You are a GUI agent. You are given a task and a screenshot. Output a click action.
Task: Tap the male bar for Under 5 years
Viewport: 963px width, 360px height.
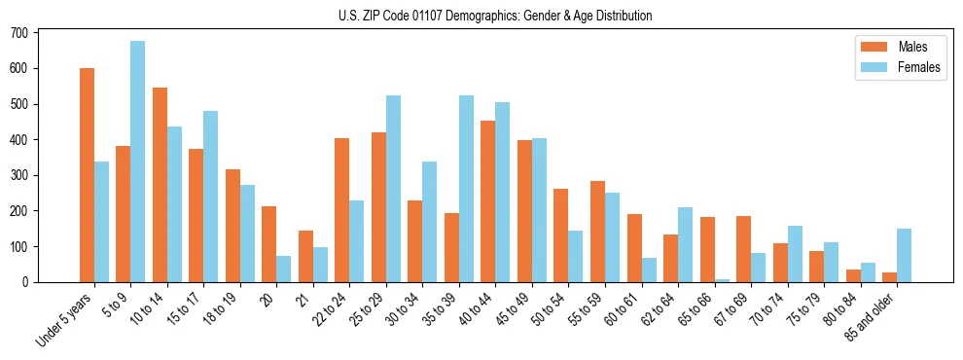pos(88,175)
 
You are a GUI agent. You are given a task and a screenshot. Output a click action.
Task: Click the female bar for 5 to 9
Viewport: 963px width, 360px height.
pos(138,162)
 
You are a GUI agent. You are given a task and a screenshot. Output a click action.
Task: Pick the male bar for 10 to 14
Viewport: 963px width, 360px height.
pos(160,185)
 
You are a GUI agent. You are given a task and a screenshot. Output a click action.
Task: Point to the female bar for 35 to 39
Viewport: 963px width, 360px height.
pos(467,189)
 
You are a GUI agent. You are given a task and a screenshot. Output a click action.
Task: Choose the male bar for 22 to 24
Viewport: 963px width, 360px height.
pos(342,210)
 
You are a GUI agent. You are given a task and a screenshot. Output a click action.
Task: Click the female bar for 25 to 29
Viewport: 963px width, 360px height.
pos(394,189)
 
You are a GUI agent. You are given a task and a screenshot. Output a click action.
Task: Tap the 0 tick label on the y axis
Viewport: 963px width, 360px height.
pos(26,282)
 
